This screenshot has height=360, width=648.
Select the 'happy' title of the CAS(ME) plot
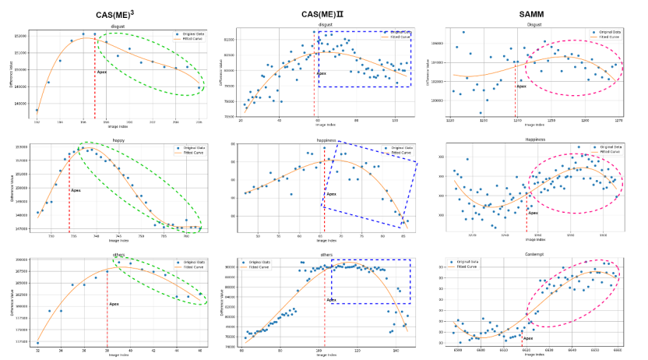click(118, 139)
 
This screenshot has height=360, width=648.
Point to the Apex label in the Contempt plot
click(528, 338)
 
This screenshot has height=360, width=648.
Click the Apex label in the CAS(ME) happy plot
click(76, 190)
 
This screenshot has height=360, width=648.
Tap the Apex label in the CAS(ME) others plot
click(114, 303)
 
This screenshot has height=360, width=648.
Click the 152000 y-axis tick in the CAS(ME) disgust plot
click(21, 36)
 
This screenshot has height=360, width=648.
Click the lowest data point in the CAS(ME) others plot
click(37, 343)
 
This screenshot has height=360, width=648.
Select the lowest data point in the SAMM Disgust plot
click(480, 113)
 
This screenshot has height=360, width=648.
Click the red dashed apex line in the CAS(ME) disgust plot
click(95, 86)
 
